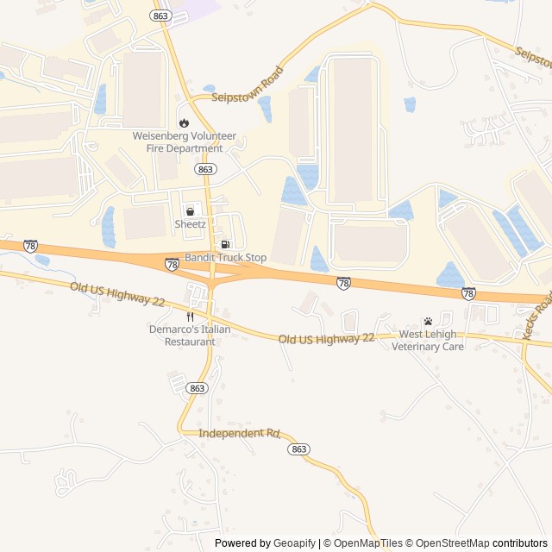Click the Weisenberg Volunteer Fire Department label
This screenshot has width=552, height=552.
point(178,141)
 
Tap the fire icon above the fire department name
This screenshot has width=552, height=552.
point(183,122)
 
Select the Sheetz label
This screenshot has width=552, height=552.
point(191,224)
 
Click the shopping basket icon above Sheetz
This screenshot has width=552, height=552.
point(190,211)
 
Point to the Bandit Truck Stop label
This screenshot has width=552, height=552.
point(226,258)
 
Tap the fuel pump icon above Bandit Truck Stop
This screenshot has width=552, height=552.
point(226,244)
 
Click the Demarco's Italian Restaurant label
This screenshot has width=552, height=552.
point(190,336)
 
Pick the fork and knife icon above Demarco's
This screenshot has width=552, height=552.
point(190,317)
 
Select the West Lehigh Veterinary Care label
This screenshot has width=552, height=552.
point(428,340)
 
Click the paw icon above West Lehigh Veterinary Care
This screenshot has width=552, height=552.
point(428,321)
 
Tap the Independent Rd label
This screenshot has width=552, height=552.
point(240,433)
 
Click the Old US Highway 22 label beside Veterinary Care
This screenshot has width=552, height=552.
point(327,338)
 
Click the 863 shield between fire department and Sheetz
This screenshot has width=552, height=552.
point(205,169)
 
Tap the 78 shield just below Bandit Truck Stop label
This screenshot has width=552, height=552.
point(172,265)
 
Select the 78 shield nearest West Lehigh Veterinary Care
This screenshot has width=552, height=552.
point(468,293)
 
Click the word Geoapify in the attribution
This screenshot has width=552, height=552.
point(294,543)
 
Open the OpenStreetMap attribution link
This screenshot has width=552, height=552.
point(448,543)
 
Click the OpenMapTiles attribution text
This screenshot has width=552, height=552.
point(367,543)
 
